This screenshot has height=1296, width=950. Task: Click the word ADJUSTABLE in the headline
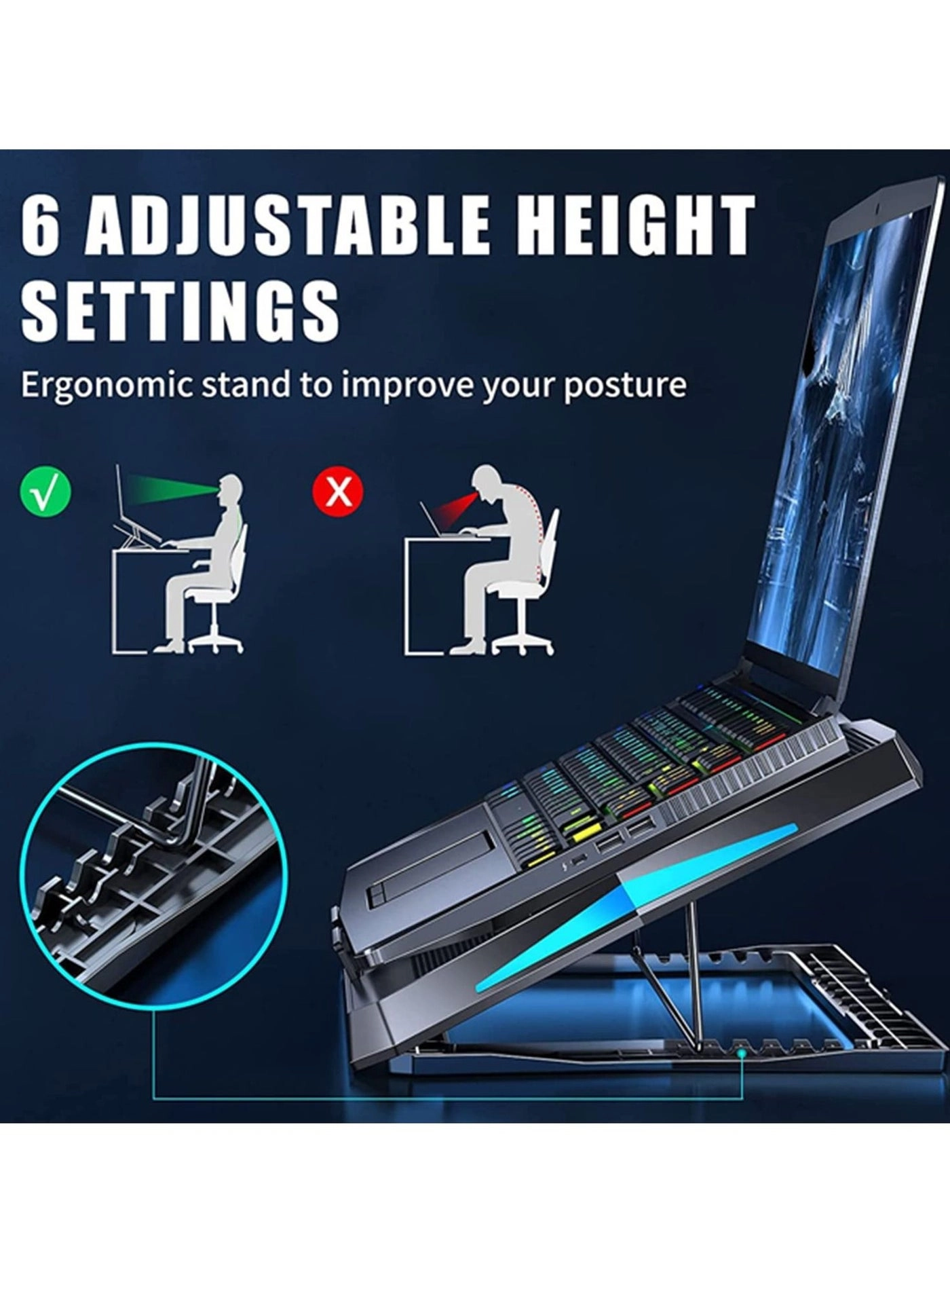(x=285, y=225)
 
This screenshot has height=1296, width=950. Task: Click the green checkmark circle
(x=45, y=492)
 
